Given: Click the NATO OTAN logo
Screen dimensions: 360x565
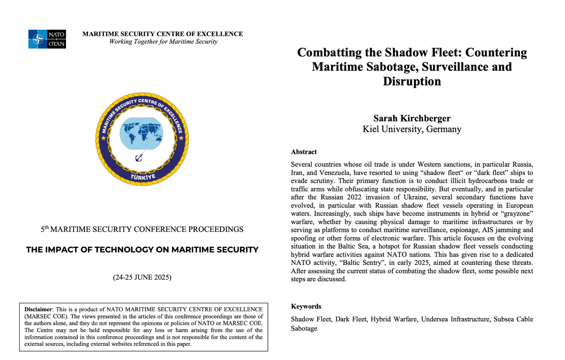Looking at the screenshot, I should [x=47, y=39].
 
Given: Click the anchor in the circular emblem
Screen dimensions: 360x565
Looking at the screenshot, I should [x=139, y=158].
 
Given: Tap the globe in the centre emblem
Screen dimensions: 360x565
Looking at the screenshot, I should [x=142, y=134].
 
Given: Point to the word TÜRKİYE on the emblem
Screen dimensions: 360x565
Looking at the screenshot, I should [x=143, y=177].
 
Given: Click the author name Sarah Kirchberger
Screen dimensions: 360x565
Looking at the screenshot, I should [x=412, y=118].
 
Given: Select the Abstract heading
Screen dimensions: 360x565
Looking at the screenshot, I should [x=304, y=152].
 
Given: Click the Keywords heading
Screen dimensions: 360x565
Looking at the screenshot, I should [x=306, y=306].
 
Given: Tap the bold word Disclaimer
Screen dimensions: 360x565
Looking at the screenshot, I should [x=38, y=309].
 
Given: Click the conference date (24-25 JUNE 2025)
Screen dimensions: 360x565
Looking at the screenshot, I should [x=142, y=277].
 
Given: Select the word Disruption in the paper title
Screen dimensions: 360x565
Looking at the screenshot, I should [x=412, y=81].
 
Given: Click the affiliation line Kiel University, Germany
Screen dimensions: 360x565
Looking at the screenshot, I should [x=412, y=129].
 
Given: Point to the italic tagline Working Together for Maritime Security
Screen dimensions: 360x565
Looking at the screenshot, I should [x=163, y=42].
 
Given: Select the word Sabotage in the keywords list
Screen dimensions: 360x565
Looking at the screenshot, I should [x=304, y=329].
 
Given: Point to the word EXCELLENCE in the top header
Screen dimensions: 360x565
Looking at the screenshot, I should [x=220, y=34].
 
